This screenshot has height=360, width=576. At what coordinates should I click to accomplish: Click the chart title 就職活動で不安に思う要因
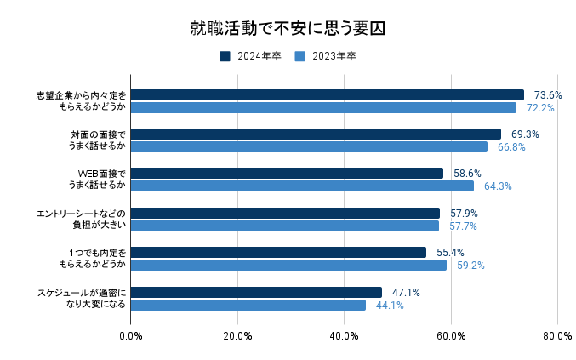point(288,28)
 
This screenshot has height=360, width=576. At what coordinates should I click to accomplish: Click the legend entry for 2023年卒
point(326,56)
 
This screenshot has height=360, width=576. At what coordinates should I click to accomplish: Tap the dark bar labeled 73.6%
point(328,94)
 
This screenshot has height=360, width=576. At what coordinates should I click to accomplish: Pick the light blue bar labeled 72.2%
point(323,108)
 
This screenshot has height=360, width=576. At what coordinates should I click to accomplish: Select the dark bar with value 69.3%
point(316,134)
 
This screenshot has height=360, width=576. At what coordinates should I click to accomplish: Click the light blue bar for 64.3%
point(302,186)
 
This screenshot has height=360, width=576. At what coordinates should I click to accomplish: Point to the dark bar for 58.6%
point(287,173)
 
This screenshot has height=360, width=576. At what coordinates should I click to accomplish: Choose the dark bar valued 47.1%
point(256,292)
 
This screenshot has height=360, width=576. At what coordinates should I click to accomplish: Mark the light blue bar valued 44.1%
point(248,305)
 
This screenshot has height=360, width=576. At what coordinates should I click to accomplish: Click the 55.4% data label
point(450,252)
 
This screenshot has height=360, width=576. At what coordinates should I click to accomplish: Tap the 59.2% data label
point(470,266)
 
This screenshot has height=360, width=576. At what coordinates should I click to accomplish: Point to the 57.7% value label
point(463,226)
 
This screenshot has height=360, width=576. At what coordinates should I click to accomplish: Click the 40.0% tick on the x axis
point(344,336)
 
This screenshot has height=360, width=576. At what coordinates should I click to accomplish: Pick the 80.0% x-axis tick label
point(557,336)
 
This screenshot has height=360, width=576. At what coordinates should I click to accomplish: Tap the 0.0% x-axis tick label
point(131,336)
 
